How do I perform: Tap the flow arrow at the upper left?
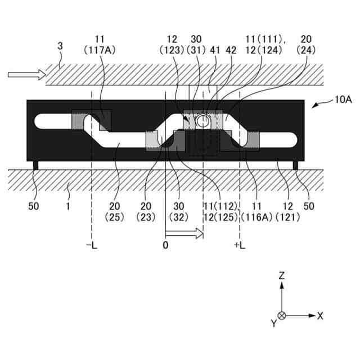[25, 74]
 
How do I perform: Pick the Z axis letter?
[282, 276]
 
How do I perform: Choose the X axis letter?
[320, 316]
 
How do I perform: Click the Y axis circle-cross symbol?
[282, 316]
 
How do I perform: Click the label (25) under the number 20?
[118, 216]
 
